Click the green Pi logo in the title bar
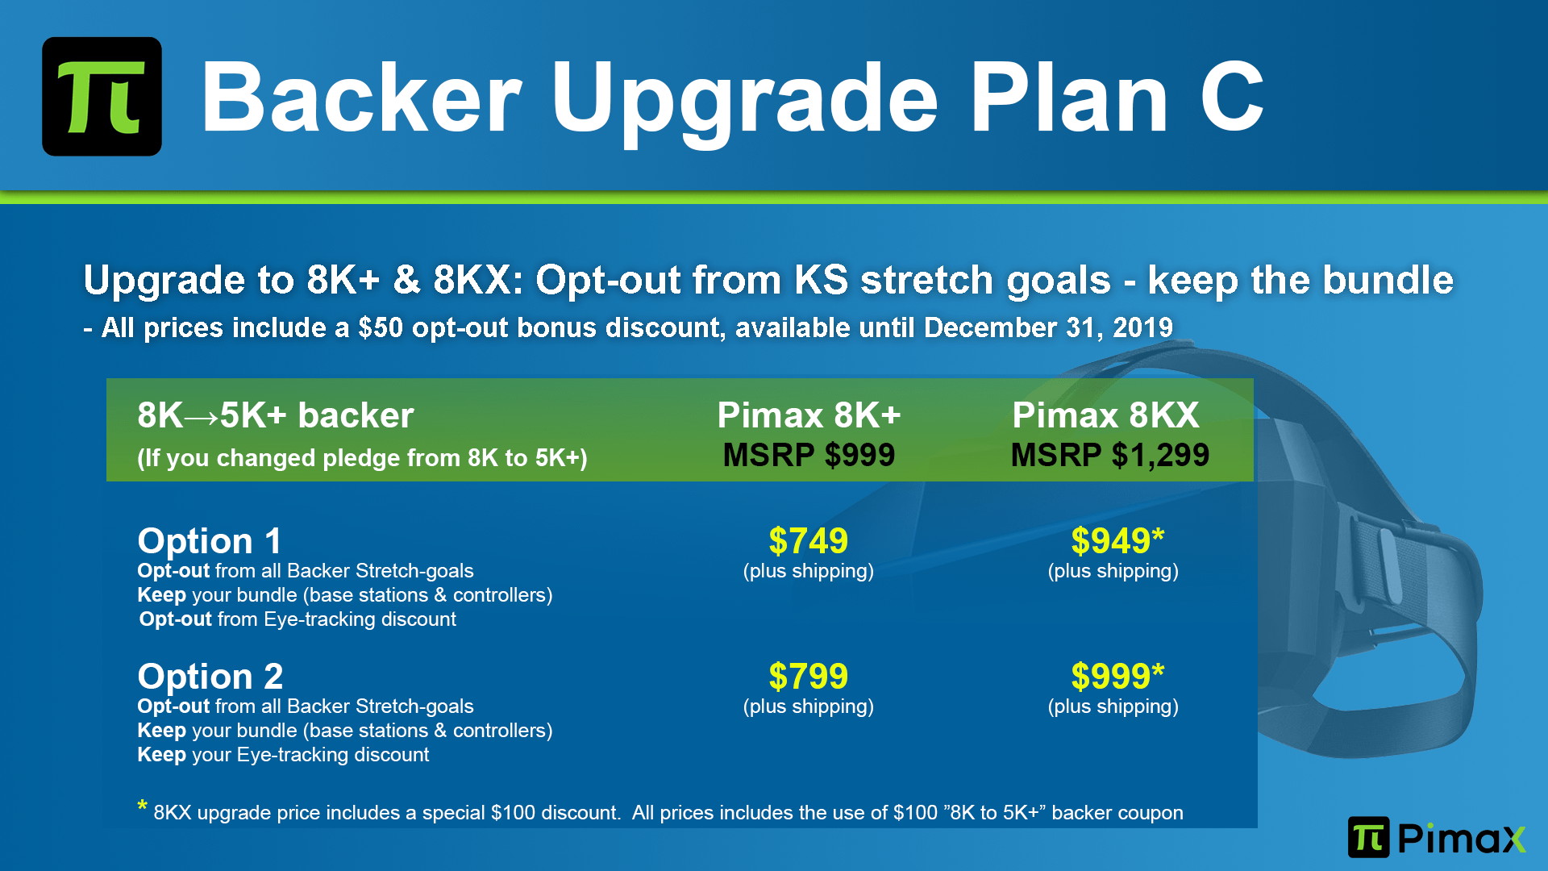(102, 96)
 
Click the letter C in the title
(1231, 98)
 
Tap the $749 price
(808, 540)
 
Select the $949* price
(1117, 540)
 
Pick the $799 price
(808, 676)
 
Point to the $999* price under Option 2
(1117, 676)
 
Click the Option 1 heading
(210, 540)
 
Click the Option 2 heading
(210, 676)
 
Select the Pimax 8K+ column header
(809, 415)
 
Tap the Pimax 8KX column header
(1106, 415)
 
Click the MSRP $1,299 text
(1110, 456)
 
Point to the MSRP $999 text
(809, 456)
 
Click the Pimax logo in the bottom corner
(1437, 837)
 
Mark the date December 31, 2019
(1048, 327)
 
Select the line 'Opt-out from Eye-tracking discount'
(298, 619)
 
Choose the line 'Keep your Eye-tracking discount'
(283, 755)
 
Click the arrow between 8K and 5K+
(202, 417)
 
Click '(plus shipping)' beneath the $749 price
(808, 572)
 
